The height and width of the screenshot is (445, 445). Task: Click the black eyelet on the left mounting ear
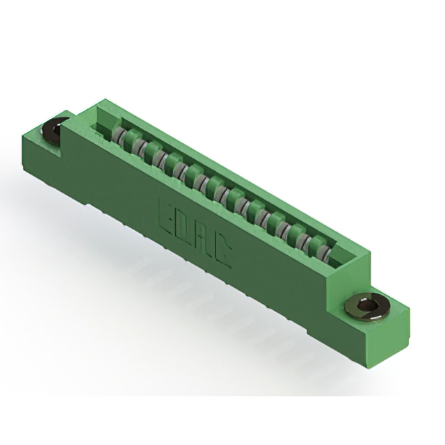54,129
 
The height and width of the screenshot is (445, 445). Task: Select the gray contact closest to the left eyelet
119,136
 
